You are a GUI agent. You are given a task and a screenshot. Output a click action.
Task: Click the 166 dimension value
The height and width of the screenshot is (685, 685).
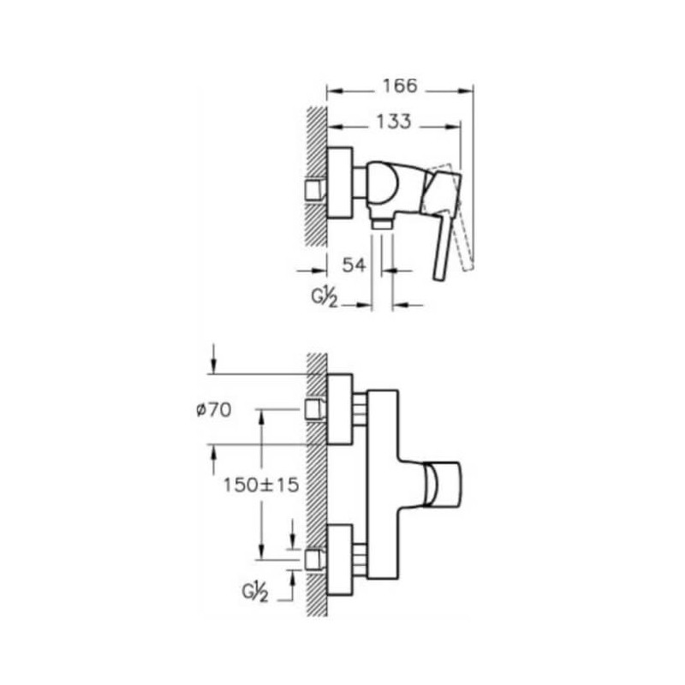400,86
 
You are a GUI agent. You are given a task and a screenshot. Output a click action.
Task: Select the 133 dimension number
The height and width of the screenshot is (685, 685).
394,122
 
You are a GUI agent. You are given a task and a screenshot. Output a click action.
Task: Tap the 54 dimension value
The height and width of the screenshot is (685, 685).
354,265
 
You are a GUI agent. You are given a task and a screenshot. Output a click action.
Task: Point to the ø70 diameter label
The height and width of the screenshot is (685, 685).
213,410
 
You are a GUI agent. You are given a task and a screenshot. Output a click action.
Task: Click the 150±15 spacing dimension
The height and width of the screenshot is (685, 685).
261,485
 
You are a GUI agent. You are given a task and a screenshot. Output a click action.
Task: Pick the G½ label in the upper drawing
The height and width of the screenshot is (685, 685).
325,297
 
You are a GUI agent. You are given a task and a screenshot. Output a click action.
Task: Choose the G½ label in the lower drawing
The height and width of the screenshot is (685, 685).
254,593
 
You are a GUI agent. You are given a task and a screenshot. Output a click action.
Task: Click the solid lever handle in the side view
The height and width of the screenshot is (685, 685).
442,223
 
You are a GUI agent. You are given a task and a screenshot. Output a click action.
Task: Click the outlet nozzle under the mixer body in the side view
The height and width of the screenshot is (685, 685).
382,223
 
